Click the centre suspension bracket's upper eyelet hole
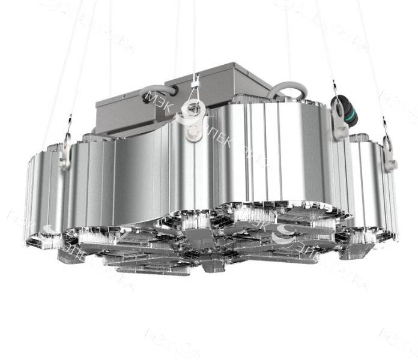point(193,109)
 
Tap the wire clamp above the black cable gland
point(334,85)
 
